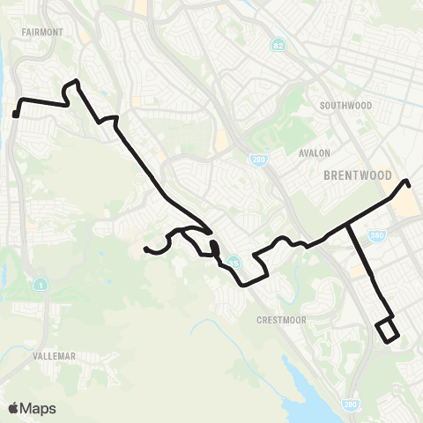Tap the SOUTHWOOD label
(347, 106)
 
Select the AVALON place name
(314, 152)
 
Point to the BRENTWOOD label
(357, 175)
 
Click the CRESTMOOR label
(281, 320)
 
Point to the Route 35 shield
(233, 262)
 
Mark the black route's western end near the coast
(16, 114)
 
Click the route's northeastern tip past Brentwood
(407, 182)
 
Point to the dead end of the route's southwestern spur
(145, 249)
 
